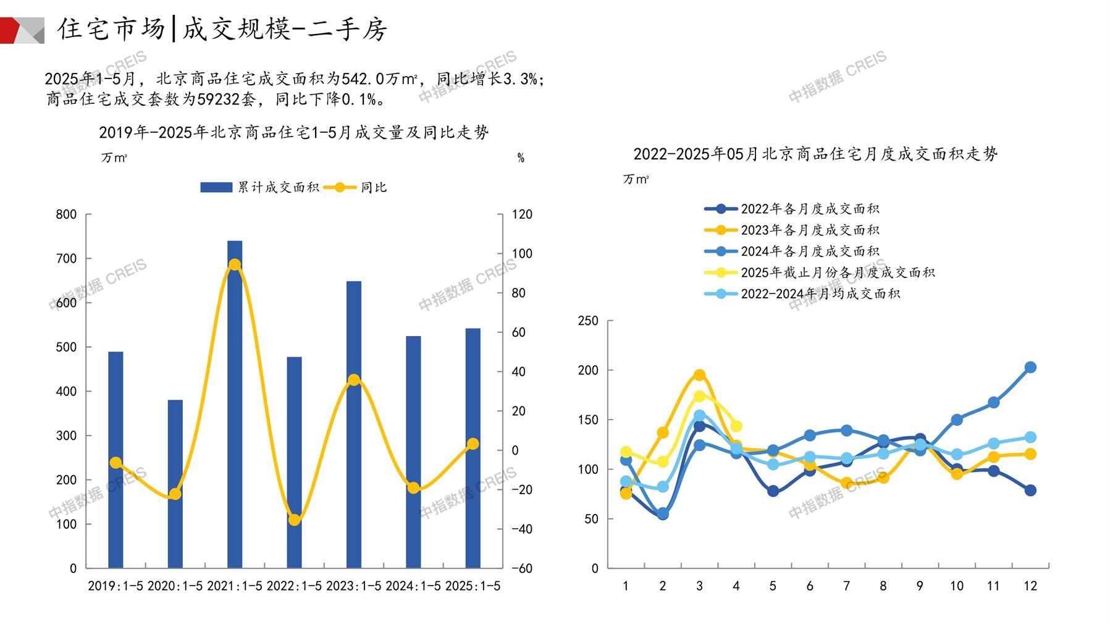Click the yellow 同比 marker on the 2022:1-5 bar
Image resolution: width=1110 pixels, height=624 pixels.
[x=295, y=520]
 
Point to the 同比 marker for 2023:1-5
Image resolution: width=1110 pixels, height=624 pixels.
[x=354, y=380]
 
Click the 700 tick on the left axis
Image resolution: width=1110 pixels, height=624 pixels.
[x=67, y=259]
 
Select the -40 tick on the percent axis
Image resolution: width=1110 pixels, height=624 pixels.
[x=522, y=529]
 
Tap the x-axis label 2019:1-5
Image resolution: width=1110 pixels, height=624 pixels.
[x=116, y=586]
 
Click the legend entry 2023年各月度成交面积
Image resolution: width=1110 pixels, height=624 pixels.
[x=809, y=230]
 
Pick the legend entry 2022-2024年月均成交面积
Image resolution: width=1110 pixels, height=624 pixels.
[x=820, y=293]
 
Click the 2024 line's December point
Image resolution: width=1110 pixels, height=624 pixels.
[x=1030, y=368]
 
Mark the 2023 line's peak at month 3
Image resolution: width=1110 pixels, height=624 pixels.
[x=699, y=375]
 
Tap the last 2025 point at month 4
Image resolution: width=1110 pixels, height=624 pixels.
[x=736, y=426]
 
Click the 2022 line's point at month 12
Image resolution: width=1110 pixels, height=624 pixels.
[x=1030, y=491]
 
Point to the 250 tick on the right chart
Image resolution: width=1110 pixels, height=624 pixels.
[x=588, y=321]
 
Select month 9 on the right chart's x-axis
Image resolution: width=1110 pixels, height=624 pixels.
[x=920, y=586]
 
